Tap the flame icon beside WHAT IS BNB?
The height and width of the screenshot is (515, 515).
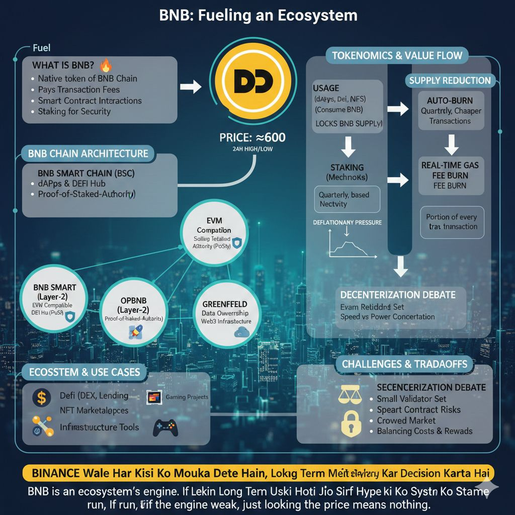coord(106,65)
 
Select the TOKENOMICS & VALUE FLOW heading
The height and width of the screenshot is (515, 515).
coord(397,55)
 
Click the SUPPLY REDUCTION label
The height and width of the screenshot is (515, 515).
coord(450,80)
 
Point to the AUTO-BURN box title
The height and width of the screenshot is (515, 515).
coord(450,100)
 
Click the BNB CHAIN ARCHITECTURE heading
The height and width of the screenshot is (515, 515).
coord(88,153)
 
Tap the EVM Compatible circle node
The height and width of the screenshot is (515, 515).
coord(213,234)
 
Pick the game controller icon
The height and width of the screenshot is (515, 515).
coord(165,428)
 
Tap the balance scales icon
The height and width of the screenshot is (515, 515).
coord(351,394)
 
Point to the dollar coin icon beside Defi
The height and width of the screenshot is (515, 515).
coord(41,398)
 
